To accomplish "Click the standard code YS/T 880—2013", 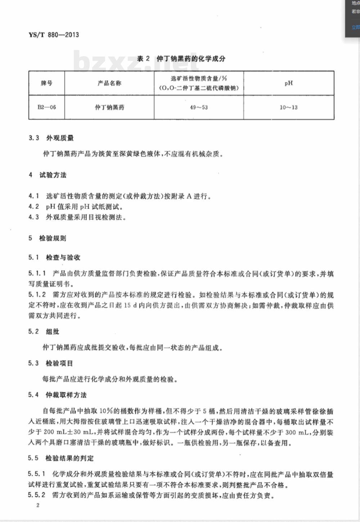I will click(53, 35).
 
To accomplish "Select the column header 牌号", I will click(46, 83).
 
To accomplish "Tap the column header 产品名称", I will click(109, 83).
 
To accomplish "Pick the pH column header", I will click(288, 83).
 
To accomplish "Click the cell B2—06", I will click(47, 107).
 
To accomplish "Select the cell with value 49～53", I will click(199, 107).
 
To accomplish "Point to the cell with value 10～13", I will click(288, 107).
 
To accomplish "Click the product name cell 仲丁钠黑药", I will click(109, 107).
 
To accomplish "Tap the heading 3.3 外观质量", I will click(51, 138).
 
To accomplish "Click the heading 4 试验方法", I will click(48, 175).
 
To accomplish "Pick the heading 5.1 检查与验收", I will click(54, 257).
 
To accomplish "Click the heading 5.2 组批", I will click(44, 332).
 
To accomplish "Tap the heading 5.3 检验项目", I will click(50, 363).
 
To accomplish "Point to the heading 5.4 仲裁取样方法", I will click(57, 395).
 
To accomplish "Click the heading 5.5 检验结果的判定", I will click(61, 458).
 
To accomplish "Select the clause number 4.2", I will click(33, 207).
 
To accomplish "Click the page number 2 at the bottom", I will click(38, 505).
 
